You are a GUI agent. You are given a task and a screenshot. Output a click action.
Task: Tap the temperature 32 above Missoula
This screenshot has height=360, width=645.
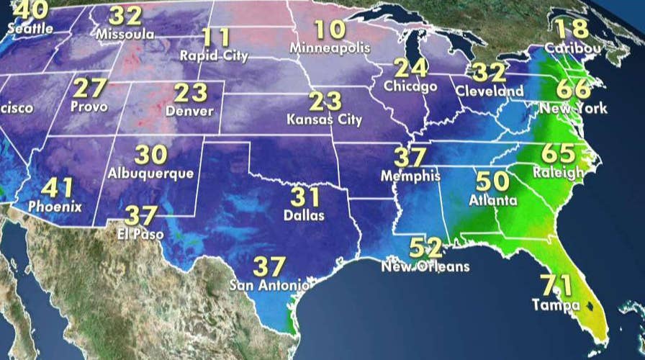[126, 16]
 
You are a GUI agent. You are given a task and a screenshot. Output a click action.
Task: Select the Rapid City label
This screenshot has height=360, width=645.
[214, 55]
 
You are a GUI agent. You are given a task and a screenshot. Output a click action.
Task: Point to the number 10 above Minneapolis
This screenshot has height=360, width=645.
[329, 30]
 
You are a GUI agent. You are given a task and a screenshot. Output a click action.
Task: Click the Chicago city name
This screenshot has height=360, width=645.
[410, 86]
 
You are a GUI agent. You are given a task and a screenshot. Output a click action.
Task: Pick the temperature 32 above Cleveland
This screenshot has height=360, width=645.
[489, 73]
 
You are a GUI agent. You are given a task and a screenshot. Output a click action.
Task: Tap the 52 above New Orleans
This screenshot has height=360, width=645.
[425, 248]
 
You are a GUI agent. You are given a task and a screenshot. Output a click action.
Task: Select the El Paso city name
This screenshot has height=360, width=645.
[140, 234]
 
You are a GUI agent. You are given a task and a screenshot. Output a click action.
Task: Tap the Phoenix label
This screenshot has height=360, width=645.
[55, 207]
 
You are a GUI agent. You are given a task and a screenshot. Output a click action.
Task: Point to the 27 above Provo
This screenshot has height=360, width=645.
[89, 89]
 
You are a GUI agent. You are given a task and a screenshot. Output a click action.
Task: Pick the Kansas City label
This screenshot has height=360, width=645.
[324, 119]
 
